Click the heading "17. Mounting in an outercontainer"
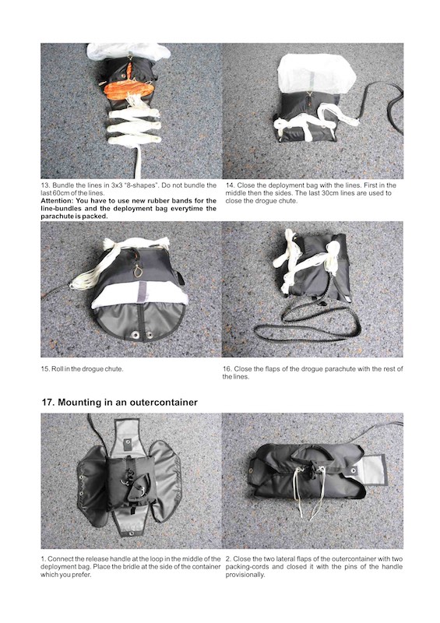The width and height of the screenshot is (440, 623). (x=120, y=402)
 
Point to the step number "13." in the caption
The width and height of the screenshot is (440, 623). (x=45, y=185)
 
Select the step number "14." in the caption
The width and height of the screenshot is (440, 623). (x=231, y=185)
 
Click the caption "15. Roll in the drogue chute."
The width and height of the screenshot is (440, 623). (x=82, y=368)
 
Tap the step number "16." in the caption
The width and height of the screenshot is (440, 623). (x=227, y=368)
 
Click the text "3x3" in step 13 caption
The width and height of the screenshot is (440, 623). (x=108, y=185)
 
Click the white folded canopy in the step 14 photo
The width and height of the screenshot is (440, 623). (x=316, y=72)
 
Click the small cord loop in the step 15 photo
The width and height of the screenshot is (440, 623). (x=138, y=271)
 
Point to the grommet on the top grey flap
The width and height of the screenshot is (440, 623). (x=128, y=441)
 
